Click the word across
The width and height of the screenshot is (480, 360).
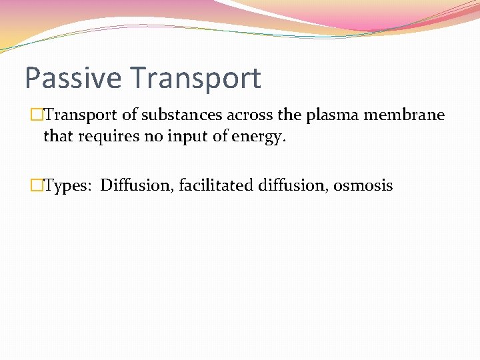(250, 115)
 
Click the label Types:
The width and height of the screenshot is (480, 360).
(69, 185)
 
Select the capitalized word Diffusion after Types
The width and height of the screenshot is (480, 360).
(137, 185)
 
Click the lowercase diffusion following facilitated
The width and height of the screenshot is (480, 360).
(293, 185)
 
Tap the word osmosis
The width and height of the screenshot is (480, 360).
(363, 185)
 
